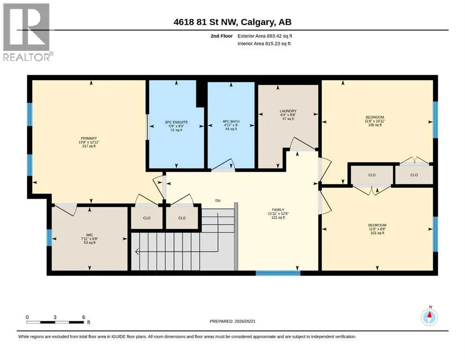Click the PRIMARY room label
pos(89,138)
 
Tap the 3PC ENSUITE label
pos(177,122)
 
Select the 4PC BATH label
pos(231,121)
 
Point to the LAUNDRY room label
pos(288,111)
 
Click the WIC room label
pos(89,235)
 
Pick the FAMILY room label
pos(278,210)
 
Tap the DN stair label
pos(218,201)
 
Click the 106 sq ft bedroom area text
pos(375,125)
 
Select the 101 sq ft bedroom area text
pos(377,233)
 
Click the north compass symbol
pos(429,317)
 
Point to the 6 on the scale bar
pos(84,317)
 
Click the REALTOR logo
pos(27,32)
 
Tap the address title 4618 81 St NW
pos(205,22)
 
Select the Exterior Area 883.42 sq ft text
pos(265,36)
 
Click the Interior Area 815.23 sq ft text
pos(264,44)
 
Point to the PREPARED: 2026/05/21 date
pos(232,321)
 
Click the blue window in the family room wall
pos(278,273)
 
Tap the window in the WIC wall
pos(49,238)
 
